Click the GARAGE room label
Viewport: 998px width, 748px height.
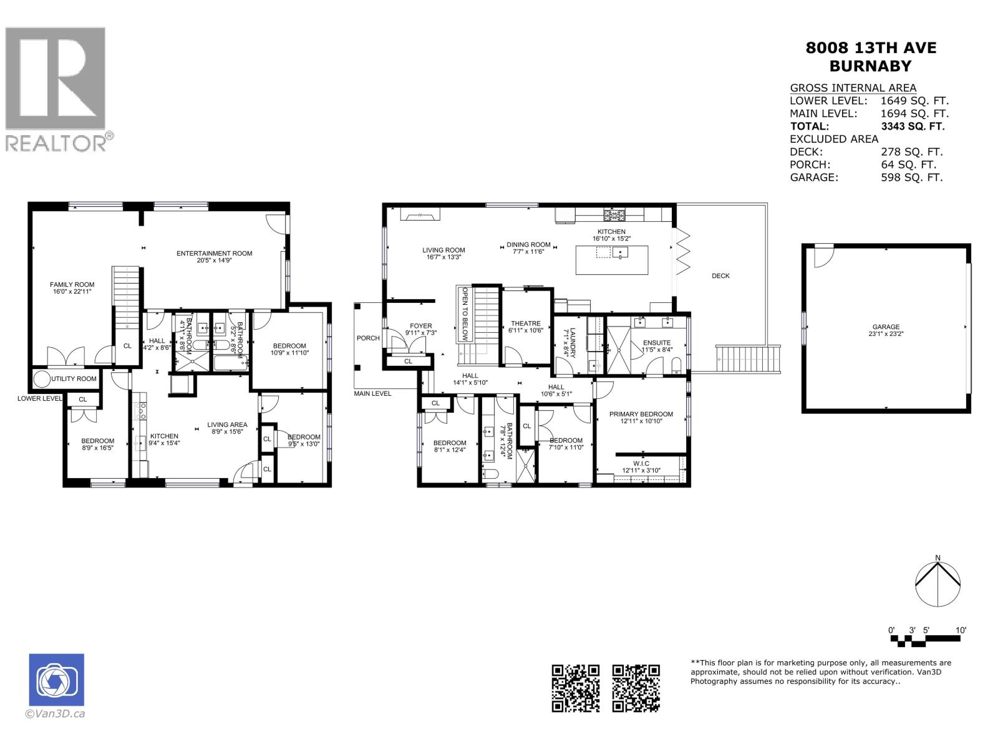(886, 327)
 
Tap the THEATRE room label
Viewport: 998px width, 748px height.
(526, 324)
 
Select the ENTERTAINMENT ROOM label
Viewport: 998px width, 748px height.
(214, 253)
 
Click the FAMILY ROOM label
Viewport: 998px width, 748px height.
(72, 285)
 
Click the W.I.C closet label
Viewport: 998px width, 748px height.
(641, 463)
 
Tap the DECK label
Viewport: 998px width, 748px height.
(720, 276)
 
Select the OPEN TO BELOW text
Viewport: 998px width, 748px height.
(465, 314)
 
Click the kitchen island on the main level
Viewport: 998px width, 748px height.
(611, 260)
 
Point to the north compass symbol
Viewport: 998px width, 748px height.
(937, 585)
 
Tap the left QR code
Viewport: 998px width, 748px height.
(576, 688)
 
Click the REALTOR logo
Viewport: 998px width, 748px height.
(56, 88)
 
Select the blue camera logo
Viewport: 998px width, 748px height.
(56, 680)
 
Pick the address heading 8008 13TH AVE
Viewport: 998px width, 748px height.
(871, 48)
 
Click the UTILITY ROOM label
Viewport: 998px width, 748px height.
(74, 379)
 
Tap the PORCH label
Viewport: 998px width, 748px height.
(368, 338)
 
